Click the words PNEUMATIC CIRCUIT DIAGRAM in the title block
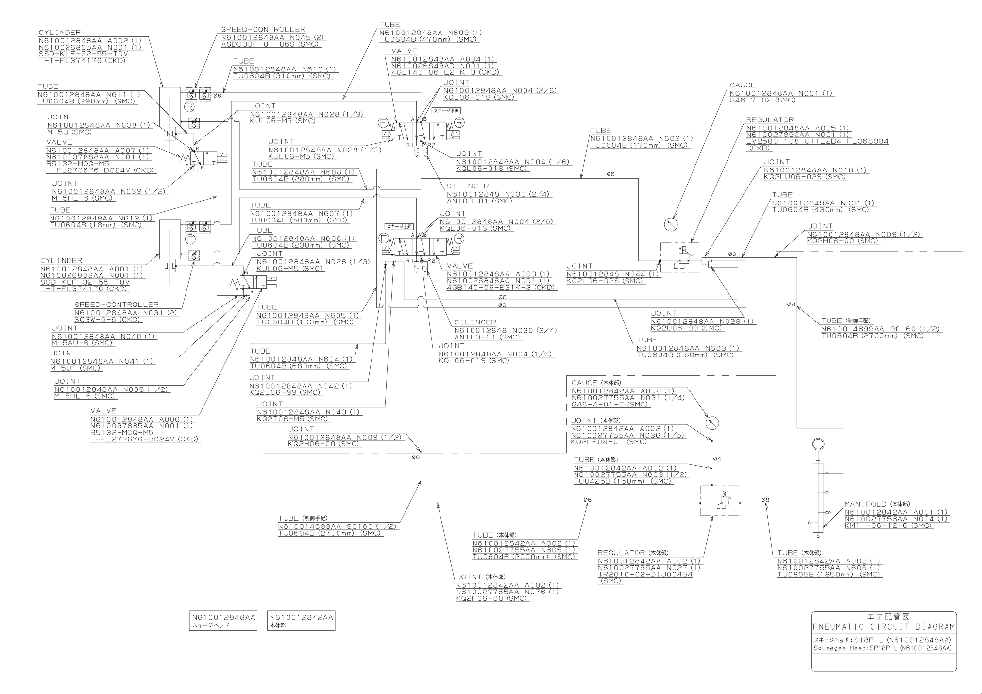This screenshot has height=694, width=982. (884, 627)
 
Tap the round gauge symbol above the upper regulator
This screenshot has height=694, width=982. (670, 225)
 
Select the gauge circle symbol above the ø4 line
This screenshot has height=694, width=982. (712, 422)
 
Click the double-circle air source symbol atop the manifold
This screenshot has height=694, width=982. (818, 444)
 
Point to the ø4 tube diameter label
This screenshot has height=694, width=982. (717, 459)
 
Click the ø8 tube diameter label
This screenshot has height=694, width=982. (765, 500)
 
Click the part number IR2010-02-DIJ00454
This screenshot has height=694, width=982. (645, 575)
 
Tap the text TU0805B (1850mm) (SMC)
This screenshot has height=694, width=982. (829, 575)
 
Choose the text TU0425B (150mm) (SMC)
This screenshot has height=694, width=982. (622, 481)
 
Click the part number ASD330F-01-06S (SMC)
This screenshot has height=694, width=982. (270, 44)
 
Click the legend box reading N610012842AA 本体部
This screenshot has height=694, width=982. (302, 621)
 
